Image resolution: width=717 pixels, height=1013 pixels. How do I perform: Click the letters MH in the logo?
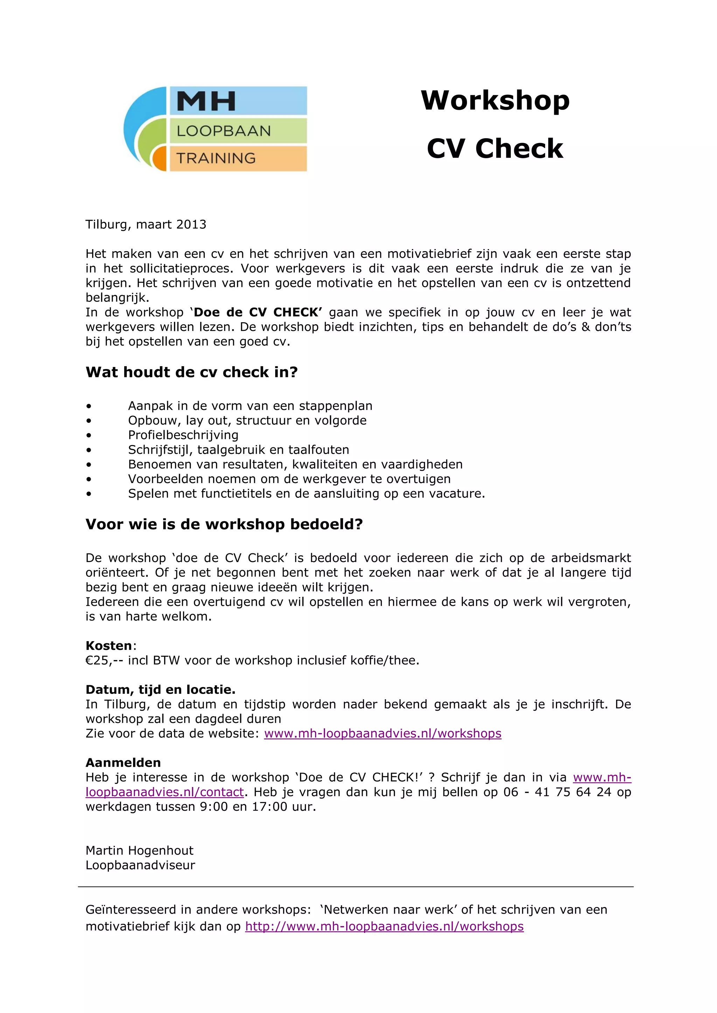[206, 101]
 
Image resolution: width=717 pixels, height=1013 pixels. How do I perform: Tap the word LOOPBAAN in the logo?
[223, 131]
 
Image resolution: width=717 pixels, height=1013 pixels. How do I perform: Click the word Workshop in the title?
[495, 101]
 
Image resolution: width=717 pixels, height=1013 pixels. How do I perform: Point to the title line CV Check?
[495, 148]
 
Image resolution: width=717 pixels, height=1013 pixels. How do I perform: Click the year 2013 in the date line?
[191, 225]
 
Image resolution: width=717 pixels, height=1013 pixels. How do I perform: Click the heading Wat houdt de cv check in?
[192, 372]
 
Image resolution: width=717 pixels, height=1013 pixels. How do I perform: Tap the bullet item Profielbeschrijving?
[183, 435]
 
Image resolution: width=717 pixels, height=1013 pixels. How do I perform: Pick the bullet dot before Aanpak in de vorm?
[89, 406]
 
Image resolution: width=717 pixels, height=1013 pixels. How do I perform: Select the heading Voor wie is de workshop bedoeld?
[224, 524]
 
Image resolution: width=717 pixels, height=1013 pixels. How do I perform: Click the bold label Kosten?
[109, 645]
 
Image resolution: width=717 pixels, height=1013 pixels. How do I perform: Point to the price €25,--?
[105, 660]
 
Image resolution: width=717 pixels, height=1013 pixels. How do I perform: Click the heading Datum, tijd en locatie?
[161, 689]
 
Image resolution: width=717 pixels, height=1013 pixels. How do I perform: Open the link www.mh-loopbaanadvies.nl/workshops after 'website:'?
[382, 734]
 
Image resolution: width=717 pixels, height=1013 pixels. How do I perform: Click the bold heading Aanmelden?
[123, 763]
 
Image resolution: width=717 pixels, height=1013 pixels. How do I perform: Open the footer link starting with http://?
[384, 927]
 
